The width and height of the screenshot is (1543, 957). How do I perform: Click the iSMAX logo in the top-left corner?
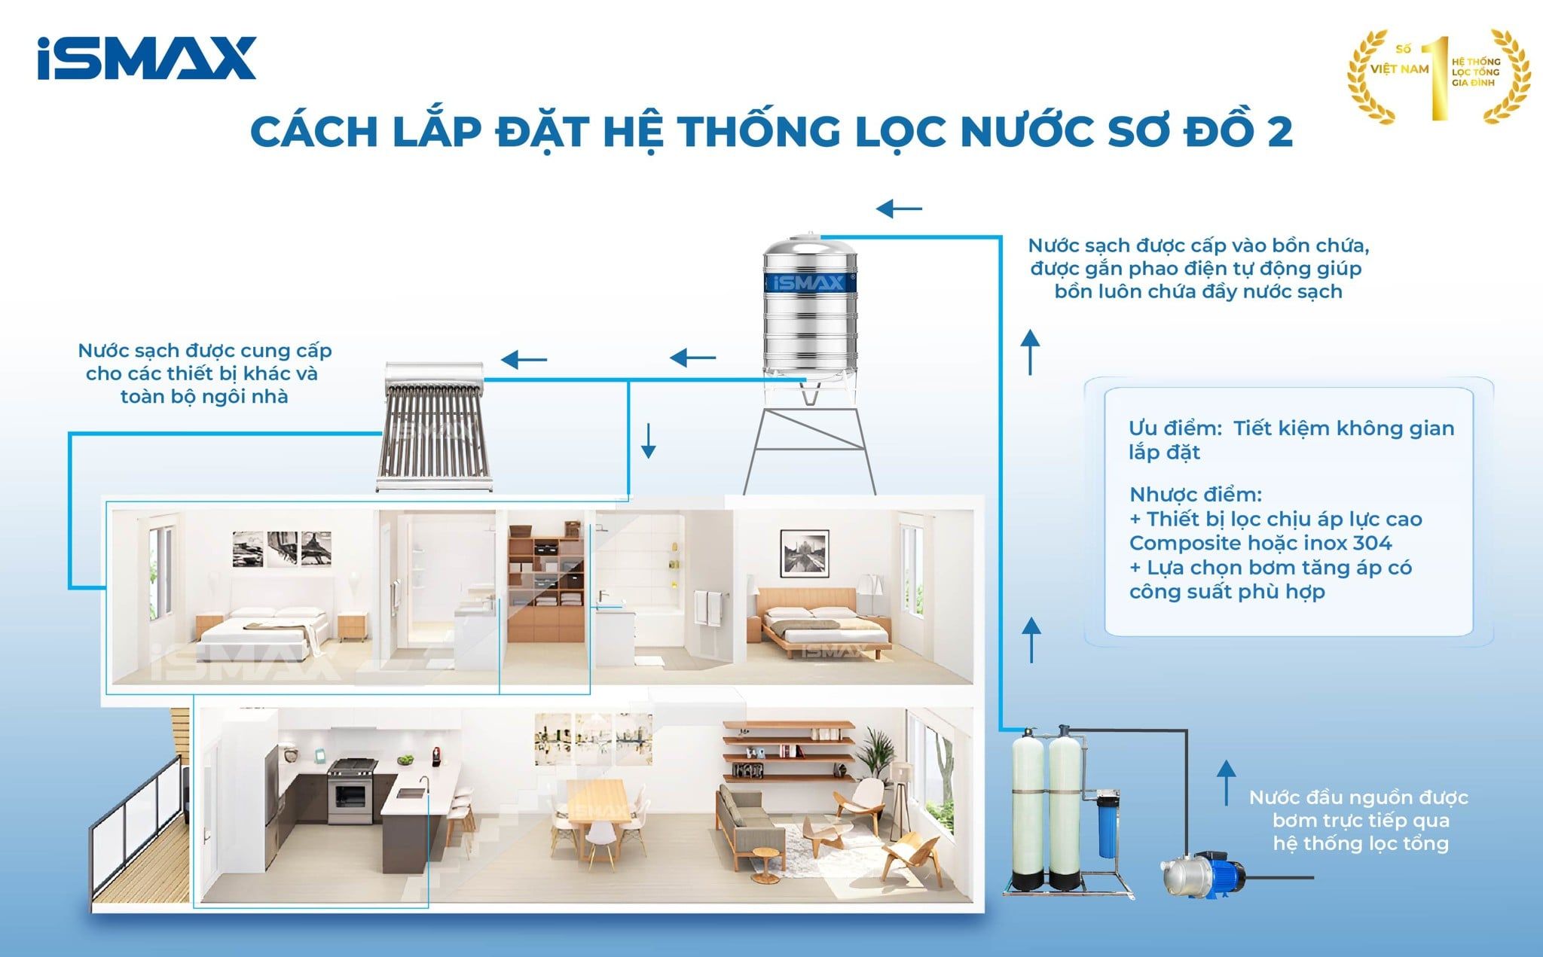click(147, 58)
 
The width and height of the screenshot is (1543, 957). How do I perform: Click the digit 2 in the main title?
click(1279, 132)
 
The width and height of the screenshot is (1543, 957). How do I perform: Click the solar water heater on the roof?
click(434, 426)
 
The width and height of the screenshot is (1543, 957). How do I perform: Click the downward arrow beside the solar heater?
click(648, 441)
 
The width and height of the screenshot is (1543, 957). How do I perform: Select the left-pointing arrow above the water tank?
click(900, 208)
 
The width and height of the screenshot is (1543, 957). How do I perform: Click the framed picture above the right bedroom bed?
click(804, 553)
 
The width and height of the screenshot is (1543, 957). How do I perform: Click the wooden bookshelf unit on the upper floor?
click(545, 587)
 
